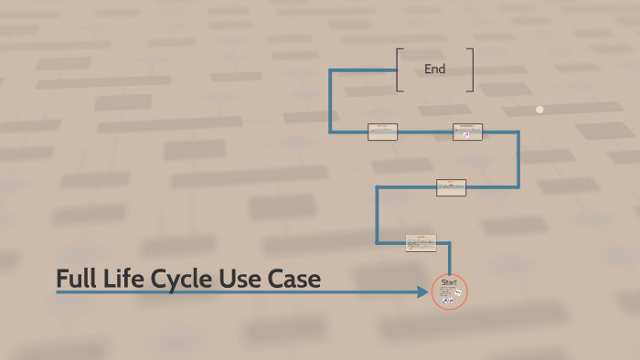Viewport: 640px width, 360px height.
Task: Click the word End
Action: point(434,69)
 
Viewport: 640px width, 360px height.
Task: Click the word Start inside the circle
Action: point(449,282)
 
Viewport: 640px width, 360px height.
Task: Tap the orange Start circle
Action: point(449,291)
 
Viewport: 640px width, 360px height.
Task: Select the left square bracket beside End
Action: point(399,69)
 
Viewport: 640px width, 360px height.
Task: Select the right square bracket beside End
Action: point(471,69)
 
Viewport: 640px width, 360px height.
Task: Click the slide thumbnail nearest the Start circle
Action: point(421,243)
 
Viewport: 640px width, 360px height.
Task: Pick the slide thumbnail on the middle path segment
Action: point(451,187)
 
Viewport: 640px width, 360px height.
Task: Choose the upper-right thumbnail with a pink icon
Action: point(467,132)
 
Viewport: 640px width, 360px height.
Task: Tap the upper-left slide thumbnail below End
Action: point(382,132)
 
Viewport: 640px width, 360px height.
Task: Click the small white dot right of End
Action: point(539,109)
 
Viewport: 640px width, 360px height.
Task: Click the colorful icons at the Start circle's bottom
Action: point(449,301)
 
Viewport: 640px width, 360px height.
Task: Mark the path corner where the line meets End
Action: point(331,69)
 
